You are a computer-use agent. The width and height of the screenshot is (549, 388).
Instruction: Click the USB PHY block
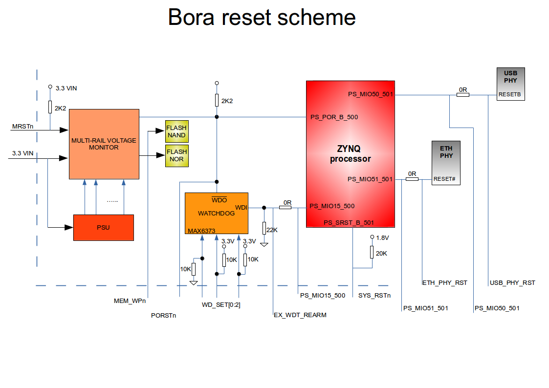click(510, 84)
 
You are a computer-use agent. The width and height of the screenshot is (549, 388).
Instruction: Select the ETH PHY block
click(445, 162)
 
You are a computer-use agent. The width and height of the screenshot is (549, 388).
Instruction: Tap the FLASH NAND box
click(176, 131)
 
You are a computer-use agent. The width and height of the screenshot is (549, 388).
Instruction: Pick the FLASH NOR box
click(176, 155)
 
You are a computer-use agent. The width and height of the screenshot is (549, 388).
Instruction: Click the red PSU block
click(103, 227)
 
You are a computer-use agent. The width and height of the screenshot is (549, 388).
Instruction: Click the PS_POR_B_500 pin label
click(334, 117)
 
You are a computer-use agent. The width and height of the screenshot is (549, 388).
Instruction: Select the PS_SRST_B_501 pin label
click(349, 223)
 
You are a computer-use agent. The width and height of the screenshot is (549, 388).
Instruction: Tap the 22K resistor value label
click(272, 230)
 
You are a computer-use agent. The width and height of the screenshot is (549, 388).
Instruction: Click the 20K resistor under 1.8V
click(372, 253)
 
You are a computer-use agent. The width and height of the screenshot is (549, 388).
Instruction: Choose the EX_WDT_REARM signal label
click(300, 315)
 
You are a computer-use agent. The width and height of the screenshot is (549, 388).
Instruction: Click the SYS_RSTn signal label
click(374, 296)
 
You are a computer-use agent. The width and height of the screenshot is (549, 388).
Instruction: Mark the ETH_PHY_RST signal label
click(444, 283)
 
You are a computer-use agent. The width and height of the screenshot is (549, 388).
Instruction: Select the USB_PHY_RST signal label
click(512, 283)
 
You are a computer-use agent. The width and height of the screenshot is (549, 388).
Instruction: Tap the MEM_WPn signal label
click(130, 301)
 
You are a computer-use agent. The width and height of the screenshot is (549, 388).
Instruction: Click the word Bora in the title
click(192, 18)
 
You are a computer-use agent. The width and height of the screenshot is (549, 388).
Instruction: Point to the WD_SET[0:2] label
click(221, 305)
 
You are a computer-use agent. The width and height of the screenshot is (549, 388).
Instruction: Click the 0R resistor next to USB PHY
click(463, 95)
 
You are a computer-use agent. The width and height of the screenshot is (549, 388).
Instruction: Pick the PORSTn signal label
click(164, 316)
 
